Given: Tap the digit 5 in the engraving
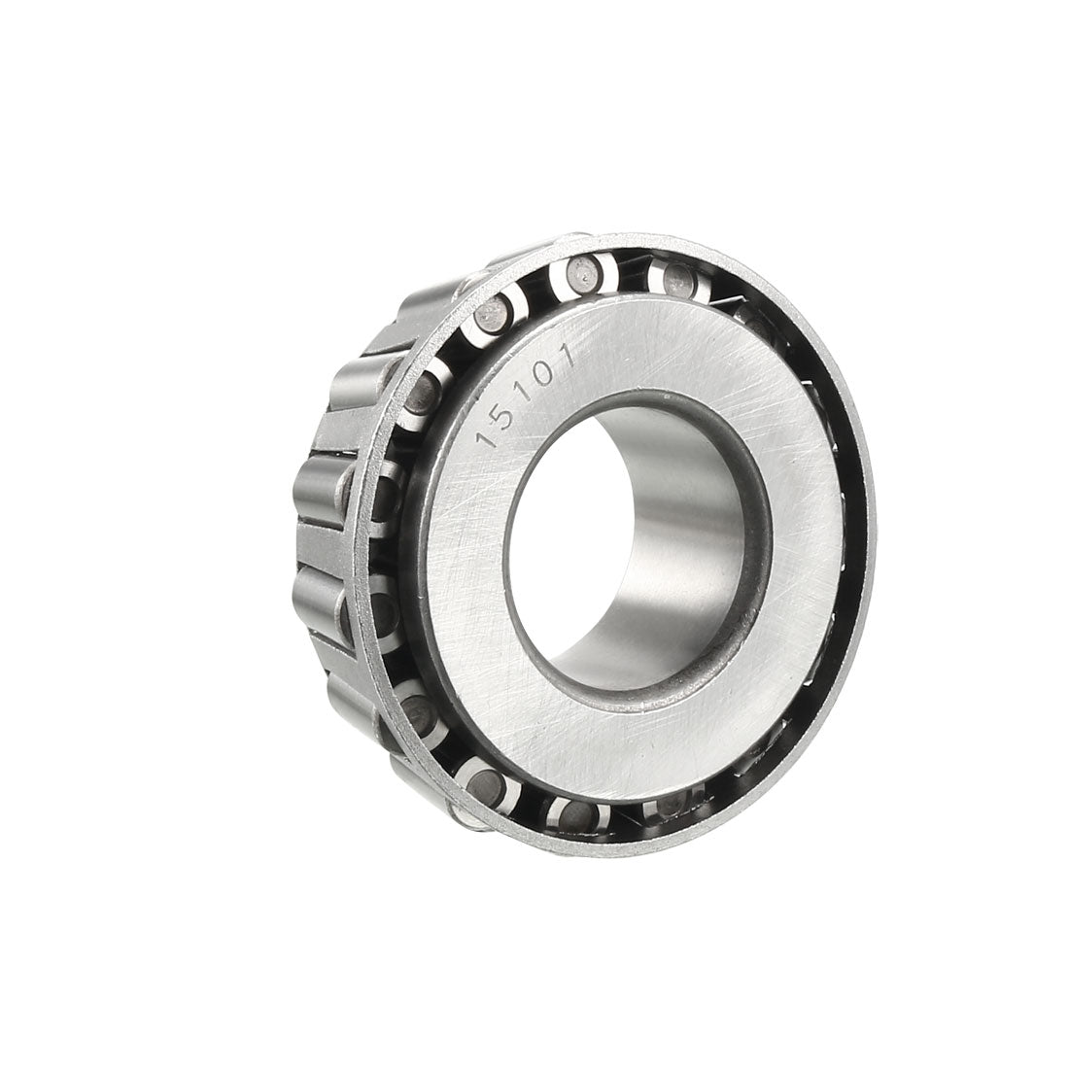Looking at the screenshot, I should (x=502, y=413).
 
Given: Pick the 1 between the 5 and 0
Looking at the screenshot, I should (x=523, y=393).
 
